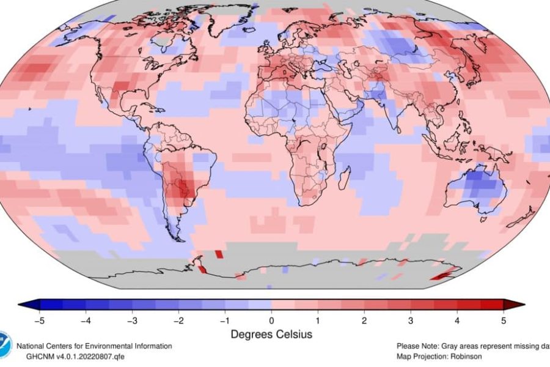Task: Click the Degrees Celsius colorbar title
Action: pyautogui.click(x=271, y=335)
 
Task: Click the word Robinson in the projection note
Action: pyautogui.click(x=463, y=355)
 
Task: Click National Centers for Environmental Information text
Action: pyautogui.click(x=94, y=346)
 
